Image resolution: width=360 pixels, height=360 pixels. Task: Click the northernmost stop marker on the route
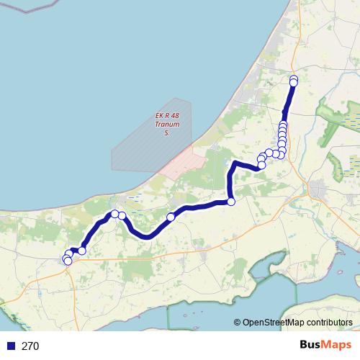[x=294, y=78]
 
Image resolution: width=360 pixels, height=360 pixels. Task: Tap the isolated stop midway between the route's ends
[x=171, y=217]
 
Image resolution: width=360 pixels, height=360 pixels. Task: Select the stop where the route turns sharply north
[x=231, y=202]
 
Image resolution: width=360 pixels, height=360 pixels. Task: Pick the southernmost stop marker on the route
[x=68, y=261]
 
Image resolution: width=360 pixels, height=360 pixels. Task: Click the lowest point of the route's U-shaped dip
[x=146, y=236]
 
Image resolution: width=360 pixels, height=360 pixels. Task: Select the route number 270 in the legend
[x=30, y=346]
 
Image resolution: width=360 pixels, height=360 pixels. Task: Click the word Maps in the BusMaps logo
[x=337, y=346]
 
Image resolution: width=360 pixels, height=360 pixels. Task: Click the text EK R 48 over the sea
[x=167, y=116]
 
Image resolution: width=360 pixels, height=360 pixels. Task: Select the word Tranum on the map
[x=167, y=125]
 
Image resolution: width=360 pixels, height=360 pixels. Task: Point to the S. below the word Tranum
[x=167, y=133]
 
